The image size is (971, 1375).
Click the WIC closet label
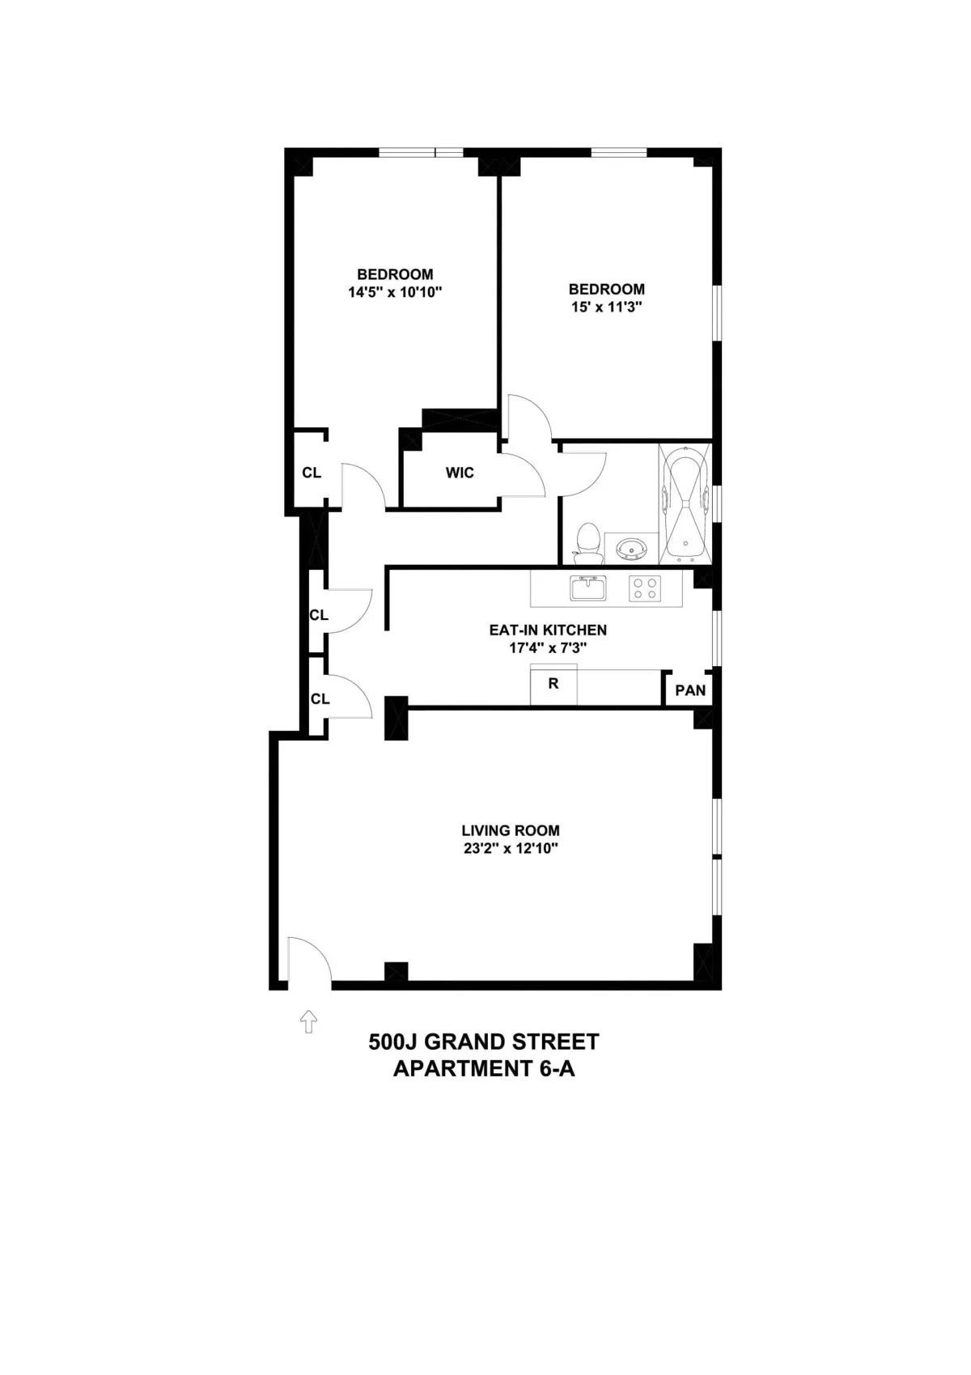pyautogui.click(x=460, y=473)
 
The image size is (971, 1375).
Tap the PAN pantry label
pyautogui.click(x=690, y=690)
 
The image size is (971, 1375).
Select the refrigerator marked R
pyautogui.click(x=553, y=685)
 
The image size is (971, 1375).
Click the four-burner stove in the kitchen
pyautogui.click(x=645, y=588)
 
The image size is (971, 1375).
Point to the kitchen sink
pyautogui.click(x=588, y=588)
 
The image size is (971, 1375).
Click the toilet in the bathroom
pyautogui.click(x=587, y=543)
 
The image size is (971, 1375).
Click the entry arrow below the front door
pyautogui.click(x=308, y=1021)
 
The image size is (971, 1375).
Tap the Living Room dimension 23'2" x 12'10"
pyautogui.click(x=511, y=849)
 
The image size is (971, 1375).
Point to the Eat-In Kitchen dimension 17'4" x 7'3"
pyautogui.click(x=548, y=647)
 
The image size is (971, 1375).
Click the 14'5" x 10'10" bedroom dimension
pyautogui.click(x=395, y=292)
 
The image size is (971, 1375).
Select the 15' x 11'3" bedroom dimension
pyautogui.click(x=606, y=308)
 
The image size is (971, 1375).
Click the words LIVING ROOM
pyautogui.click(x=511, y=830)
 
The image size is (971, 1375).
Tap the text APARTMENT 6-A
pyautogui.click(x=484, y=1068)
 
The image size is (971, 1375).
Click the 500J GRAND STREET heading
pyautogui.click(x=484, y=1042)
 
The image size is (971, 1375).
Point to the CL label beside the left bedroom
pyautogui.click(x=312, y=473)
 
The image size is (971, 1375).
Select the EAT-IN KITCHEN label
pyautogui.click(x=548, y=630)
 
